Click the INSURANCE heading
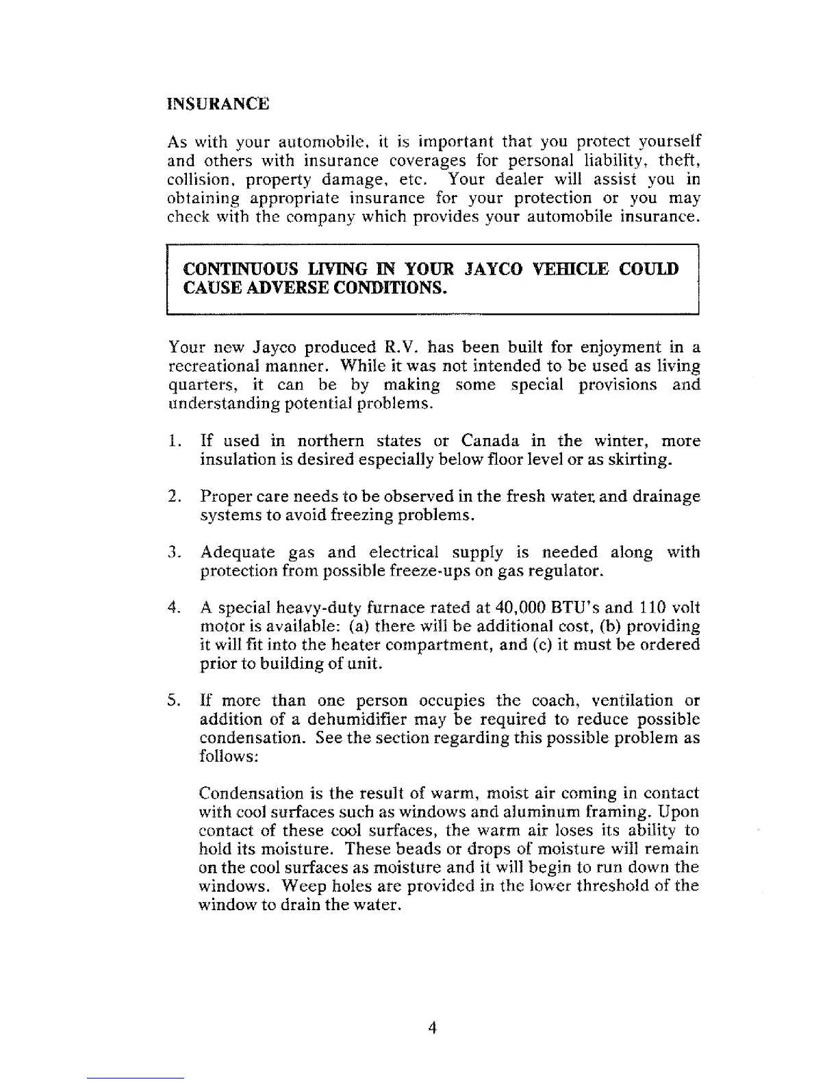(x=218, y=105)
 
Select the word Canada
(x=490, y=441)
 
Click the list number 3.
(x=173, y=552)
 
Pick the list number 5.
(x=173, y=701)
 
